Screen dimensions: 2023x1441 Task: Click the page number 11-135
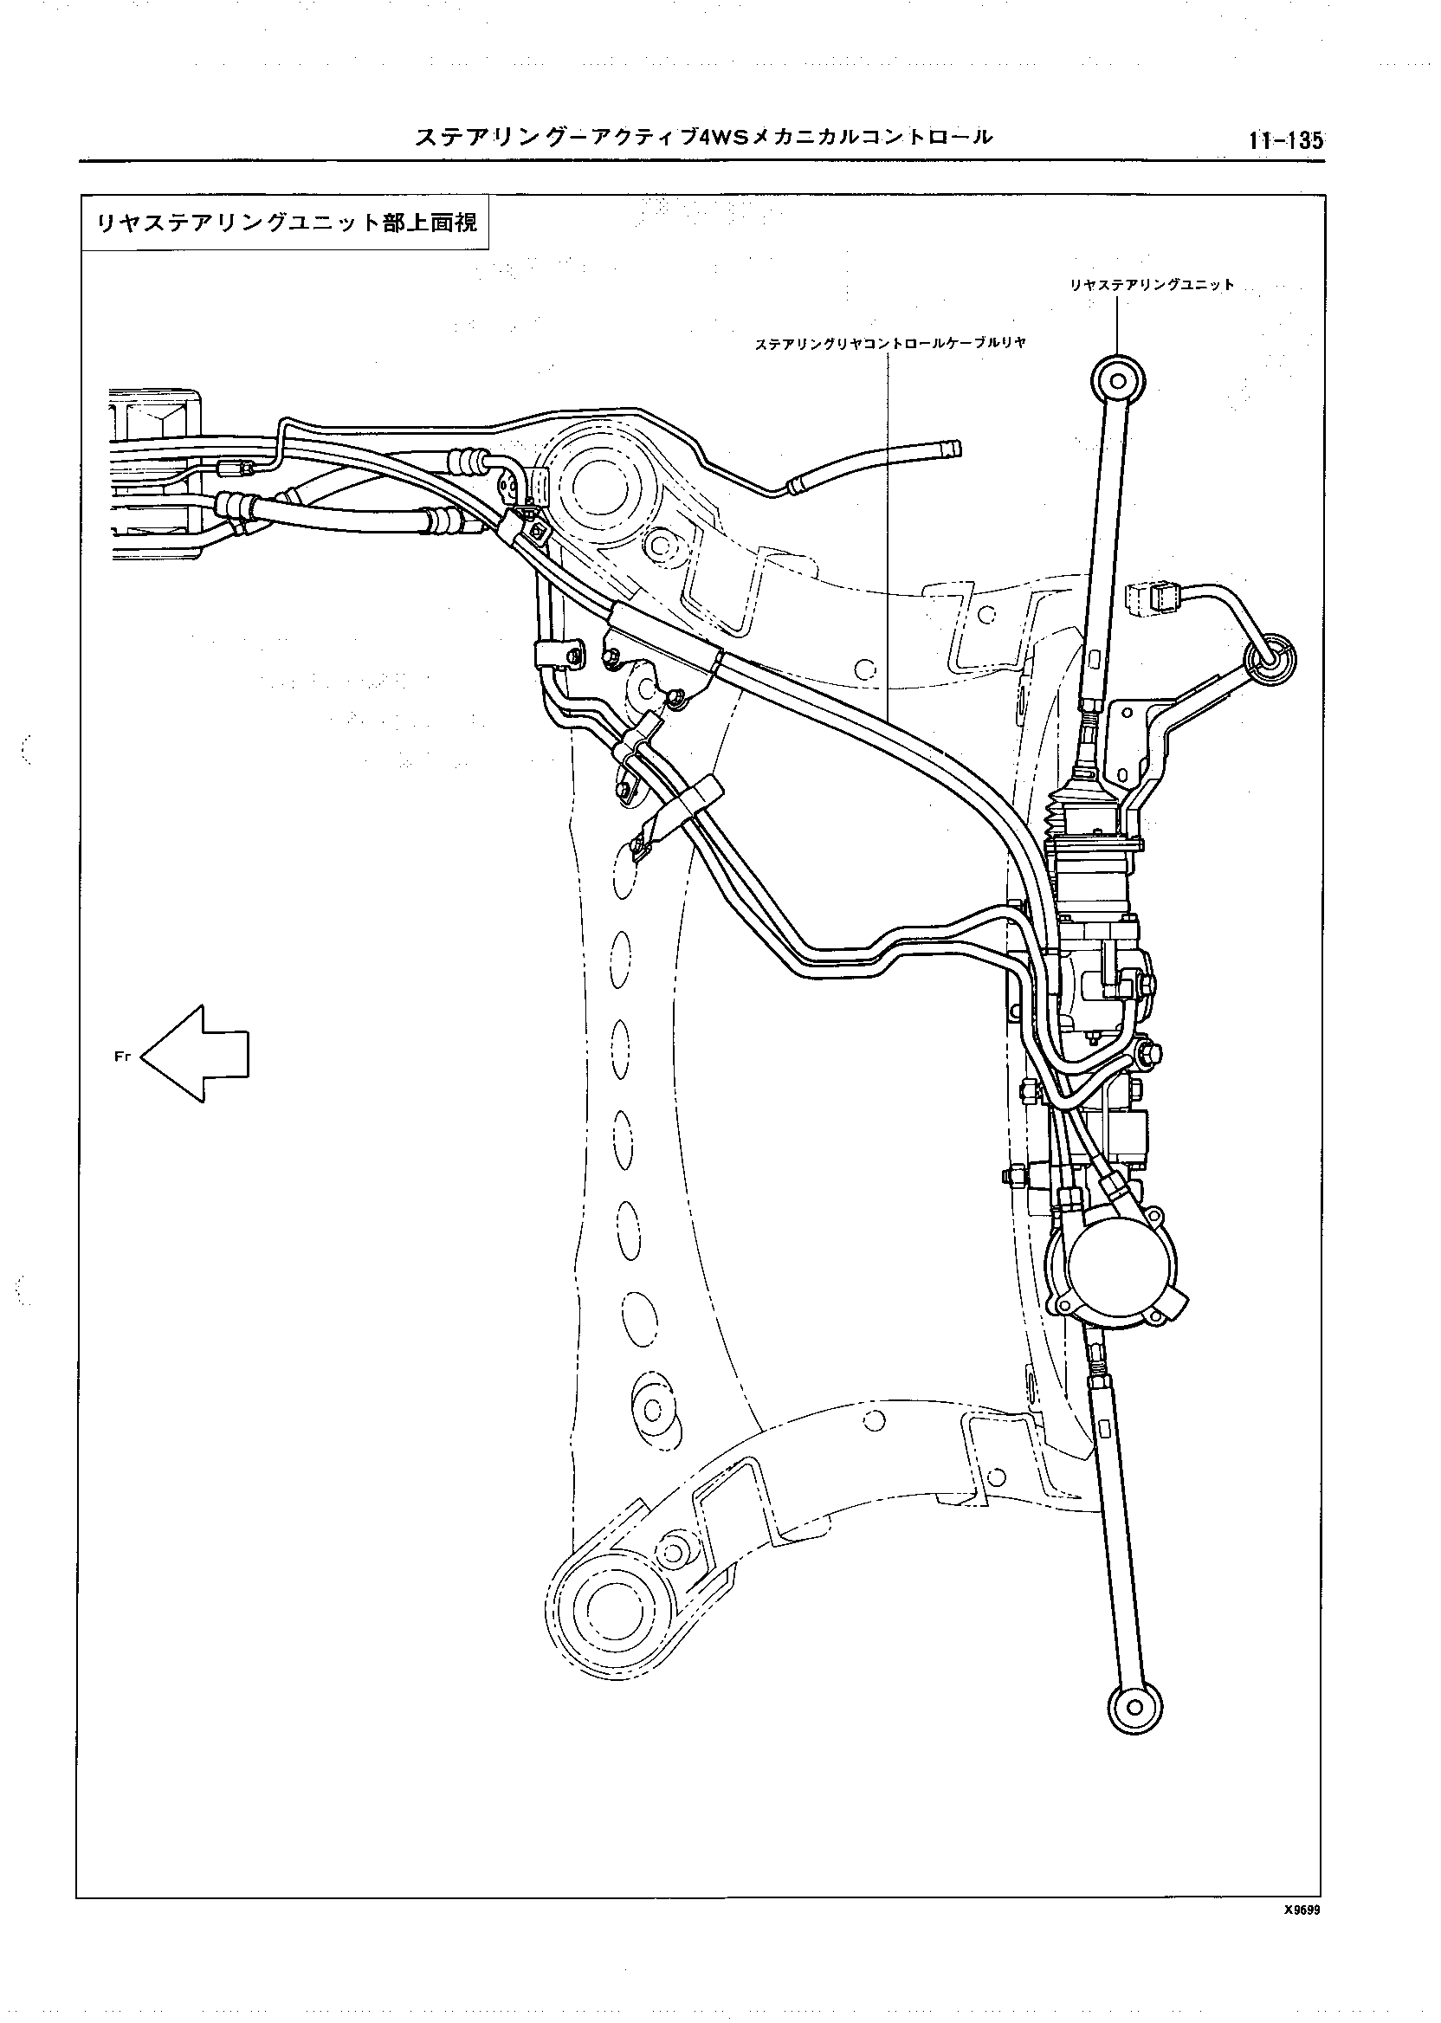click(x=1285, y=139)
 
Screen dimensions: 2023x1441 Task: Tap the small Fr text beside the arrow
click(x=122, y=1056)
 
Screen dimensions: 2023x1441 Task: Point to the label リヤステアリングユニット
click(x=1151, y=285)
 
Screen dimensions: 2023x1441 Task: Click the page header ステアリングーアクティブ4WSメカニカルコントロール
click(x=704, y=138)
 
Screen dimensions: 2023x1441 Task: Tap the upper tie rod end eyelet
click(x=1118, y=382)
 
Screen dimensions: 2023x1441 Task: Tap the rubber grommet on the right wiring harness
click(x=1270, y=657)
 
